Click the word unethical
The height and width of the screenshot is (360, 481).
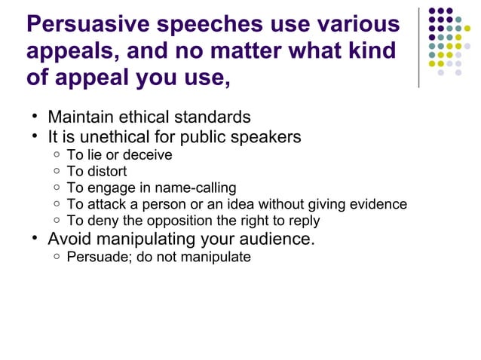pyautogui.click(x=100, y=137)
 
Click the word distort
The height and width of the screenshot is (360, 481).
pyautogui.click(x=107, y=172)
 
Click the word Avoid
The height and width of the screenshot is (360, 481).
pyautogui.click(x=70, y=239)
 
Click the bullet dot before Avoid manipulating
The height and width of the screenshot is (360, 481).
pyautogui.click(x=35, y=239)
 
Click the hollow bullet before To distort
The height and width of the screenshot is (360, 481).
pyautogui.click(x=57, y=172)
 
